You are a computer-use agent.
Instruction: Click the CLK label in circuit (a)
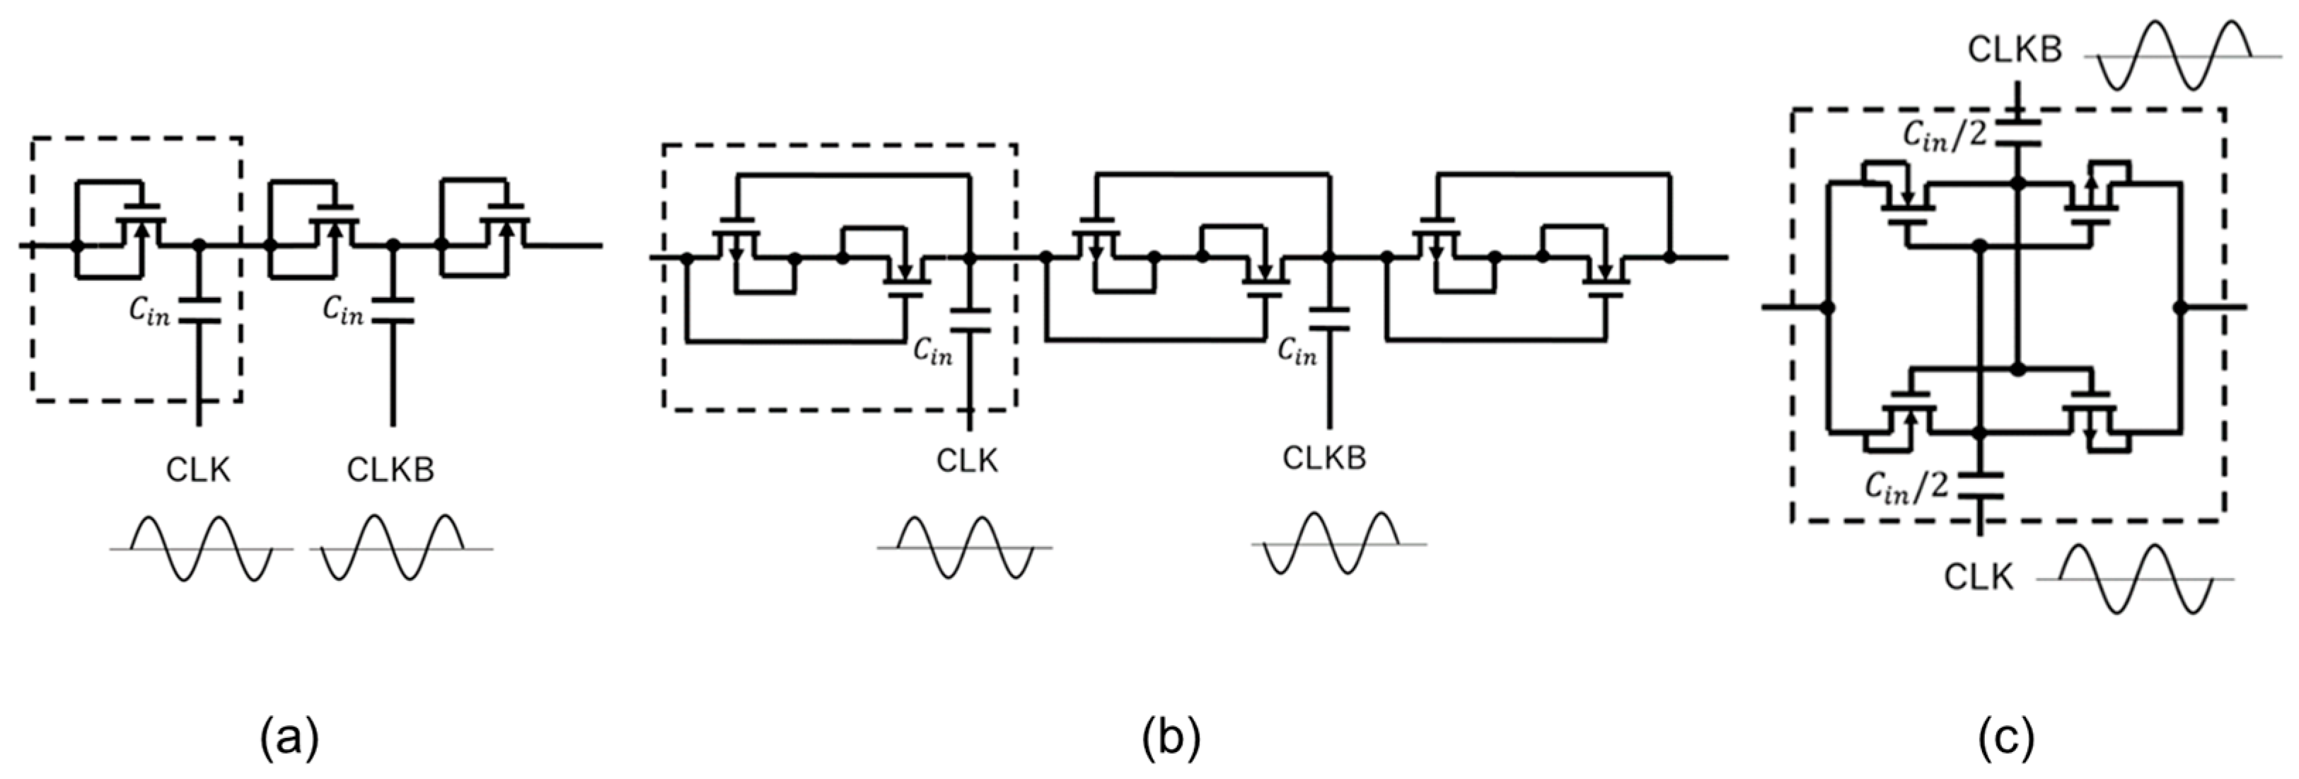pyautogui.click(x=198, y=469)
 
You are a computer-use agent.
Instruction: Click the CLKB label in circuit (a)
pyautogui.click(x=391, y=469)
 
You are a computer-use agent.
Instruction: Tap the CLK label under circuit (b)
pyautogui.click(x=968, y=461)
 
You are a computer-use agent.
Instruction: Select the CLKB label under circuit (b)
pyautogui.click(x=1324, y=458)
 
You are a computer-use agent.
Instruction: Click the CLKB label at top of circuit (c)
pyautogui.click(x=2015, y=51)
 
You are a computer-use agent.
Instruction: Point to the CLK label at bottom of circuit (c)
pyautogui.click(x=1979, y=579)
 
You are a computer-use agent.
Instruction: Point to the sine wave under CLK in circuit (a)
pyautogui.click(x=200, y=549)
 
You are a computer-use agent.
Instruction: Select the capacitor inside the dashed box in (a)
pyautogui.click(x=198, y=308)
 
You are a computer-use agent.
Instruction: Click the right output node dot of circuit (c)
pyautogui.click(x=2180, y=307)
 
